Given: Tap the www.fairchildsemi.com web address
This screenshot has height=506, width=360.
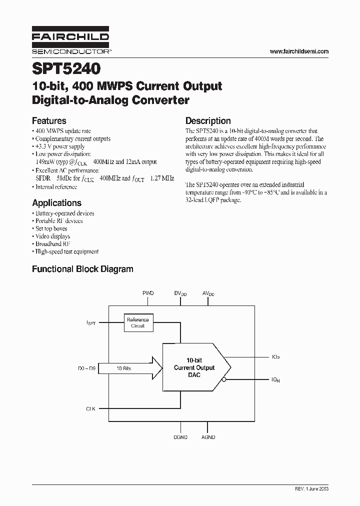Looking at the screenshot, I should (x=299, y=51).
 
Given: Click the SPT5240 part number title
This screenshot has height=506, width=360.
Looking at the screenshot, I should (x=66, y=68).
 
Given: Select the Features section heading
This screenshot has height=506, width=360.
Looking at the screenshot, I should (x=49, y=120).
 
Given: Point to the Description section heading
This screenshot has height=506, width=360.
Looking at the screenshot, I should (x=208, y=120).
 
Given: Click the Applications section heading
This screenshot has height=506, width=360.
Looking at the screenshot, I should (x=56, y=203).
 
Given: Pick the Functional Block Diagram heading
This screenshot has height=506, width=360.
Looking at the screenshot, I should (x=82, y=269).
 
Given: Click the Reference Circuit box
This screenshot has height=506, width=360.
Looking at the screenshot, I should (x=138, y=322).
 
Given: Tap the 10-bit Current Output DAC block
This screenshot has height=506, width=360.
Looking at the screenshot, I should (x=194, y=367).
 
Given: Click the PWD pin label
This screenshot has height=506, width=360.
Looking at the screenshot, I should (x=148, y=293).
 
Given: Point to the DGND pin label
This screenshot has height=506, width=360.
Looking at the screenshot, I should (x=180, y=437).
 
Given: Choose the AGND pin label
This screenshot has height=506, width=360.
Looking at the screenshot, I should (x=208, y=437).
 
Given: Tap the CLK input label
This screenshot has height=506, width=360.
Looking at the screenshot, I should (x=90, y=408).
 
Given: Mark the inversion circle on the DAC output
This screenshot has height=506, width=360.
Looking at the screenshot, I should (x=224, y=380).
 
